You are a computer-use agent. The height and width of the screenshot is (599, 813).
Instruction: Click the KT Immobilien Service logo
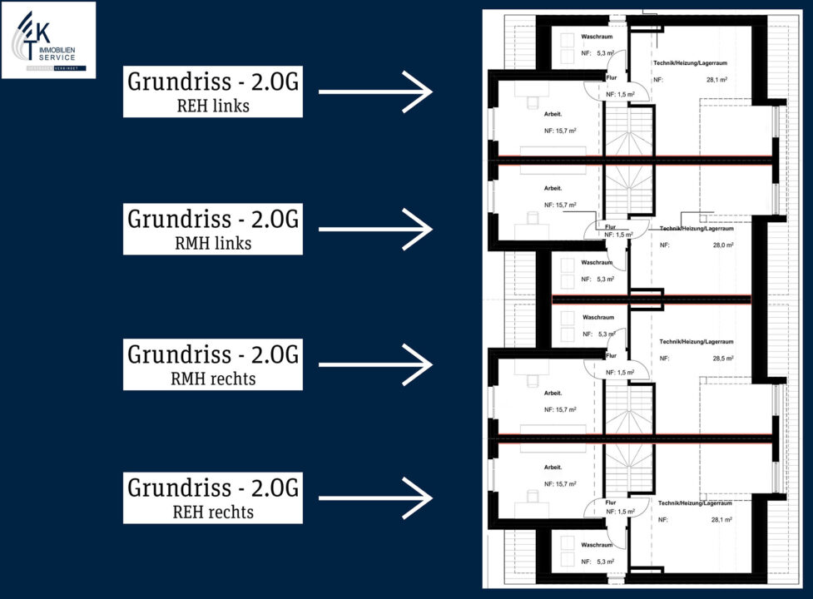48,40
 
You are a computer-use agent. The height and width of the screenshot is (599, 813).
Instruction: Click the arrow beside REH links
375,92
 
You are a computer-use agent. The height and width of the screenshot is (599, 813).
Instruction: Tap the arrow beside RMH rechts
375,364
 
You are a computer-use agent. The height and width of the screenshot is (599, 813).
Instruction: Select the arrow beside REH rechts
375,498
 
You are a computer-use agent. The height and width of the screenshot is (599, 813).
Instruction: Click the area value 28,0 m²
721,245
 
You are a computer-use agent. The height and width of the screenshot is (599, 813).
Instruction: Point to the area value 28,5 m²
721,359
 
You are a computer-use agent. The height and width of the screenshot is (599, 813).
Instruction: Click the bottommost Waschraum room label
597,545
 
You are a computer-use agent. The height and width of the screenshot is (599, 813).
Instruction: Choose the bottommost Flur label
611,502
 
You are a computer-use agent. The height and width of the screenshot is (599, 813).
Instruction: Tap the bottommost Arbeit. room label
554,468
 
